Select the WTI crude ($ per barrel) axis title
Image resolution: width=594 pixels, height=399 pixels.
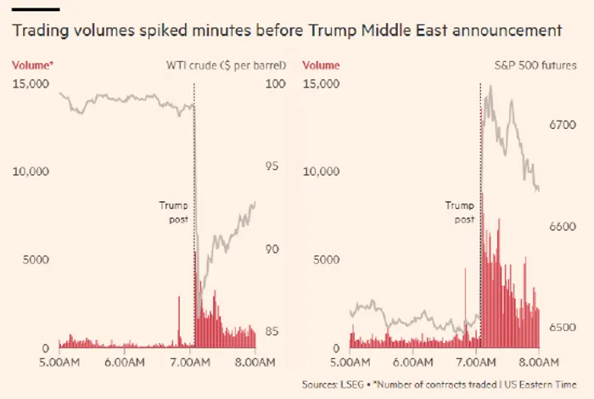pos(225,65)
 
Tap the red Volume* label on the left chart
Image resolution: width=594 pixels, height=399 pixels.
pos(31,65)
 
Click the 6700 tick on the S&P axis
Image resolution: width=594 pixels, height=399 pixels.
pos(562,125)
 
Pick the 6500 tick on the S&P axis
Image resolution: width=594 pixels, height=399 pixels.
pos(562,327)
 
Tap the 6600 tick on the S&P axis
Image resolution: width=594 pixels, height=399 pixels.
pos(562,227)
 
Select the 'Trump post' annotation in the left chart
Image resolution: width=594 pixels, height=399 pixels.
pos(174,211)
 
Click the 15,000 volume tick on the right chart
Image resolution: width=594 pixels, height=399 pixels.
pos(321,84)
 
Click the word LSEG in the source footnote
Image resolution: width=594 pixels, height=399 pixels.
pos(350,385)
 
